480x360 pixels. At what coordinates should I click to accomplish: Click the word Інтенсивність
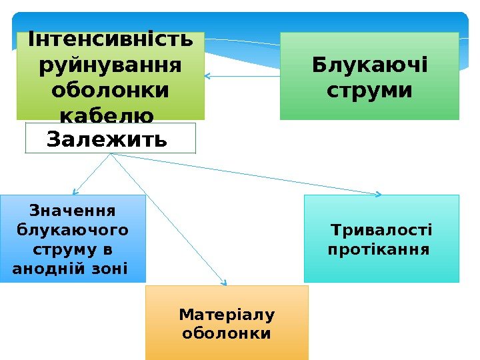pos(110,41)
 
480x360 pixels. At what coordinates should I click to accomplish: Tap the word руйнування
pos(110,65)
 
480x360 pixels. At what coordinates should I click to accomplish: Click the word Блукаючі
pos(370,65)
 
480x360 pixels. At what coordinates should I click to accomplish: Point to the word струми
pos(370,89)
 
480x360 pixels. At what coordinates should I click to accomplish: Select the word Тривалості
pos(382,231)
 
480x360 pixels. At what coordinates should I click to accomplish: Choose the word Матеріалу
pos(227,314)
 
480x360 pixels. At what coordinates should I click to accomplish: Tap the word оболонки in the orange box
pos(227,332)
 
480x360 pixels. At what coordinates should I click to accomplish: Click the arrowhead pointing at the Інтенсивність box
pos(207,76)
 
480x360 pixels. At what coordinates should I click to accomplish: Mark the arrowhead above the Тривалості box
pos(379,195)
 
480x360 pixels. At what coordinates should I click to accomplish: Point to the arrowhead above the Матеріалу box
pos(225,283)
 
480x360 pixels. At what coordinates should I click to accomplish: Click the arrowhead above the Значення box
pos(75,193)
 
